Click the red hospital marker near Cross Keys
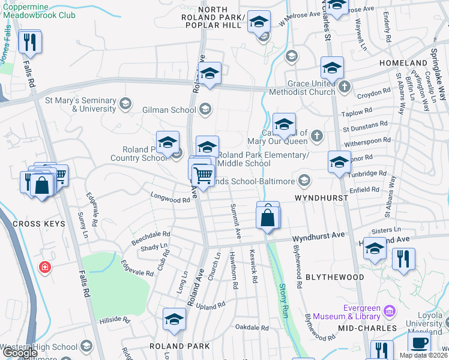[44, 267]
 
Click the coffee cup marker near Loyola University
[419, 343]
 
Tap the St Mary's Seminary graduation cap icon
[125, 104]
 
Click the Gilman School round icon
[205, 109]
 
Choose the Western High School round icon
[86, 347]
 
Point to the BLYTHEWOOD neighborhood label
[335, 277]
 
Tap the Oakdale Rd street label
[252, 328]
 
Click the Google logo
[20, 353]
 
